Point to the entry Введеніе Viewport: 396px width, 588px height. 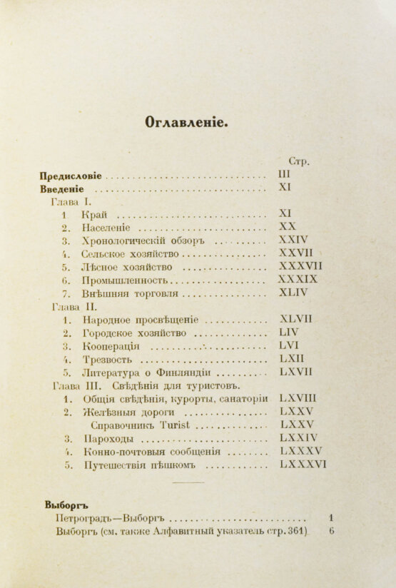point(63,190)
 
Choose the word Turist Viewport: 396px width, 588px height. point(156,425)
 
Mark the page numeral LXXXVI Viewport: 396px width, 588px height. point(303,465)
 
